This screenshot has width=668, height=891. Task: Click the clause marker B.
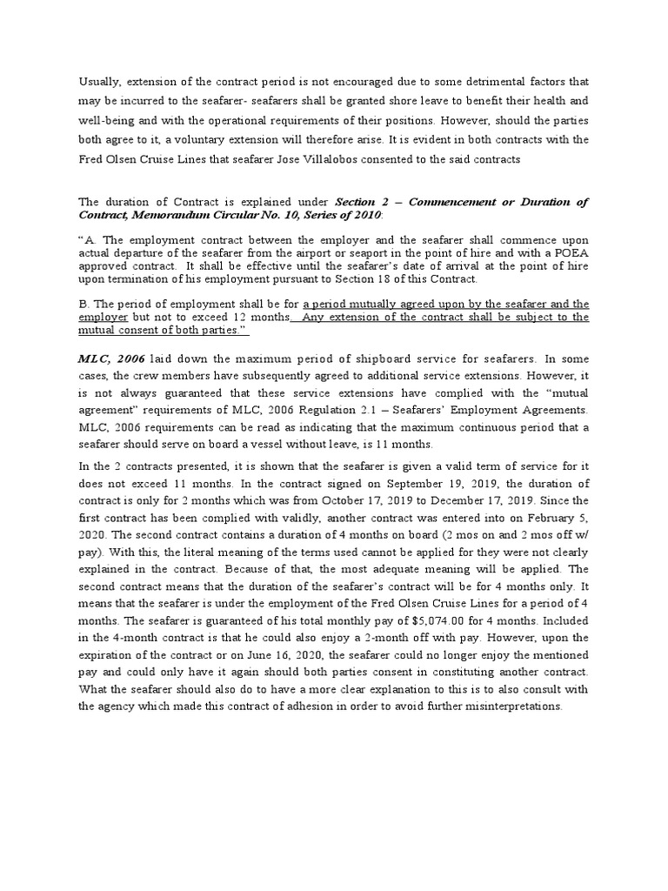pos(83,305)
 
